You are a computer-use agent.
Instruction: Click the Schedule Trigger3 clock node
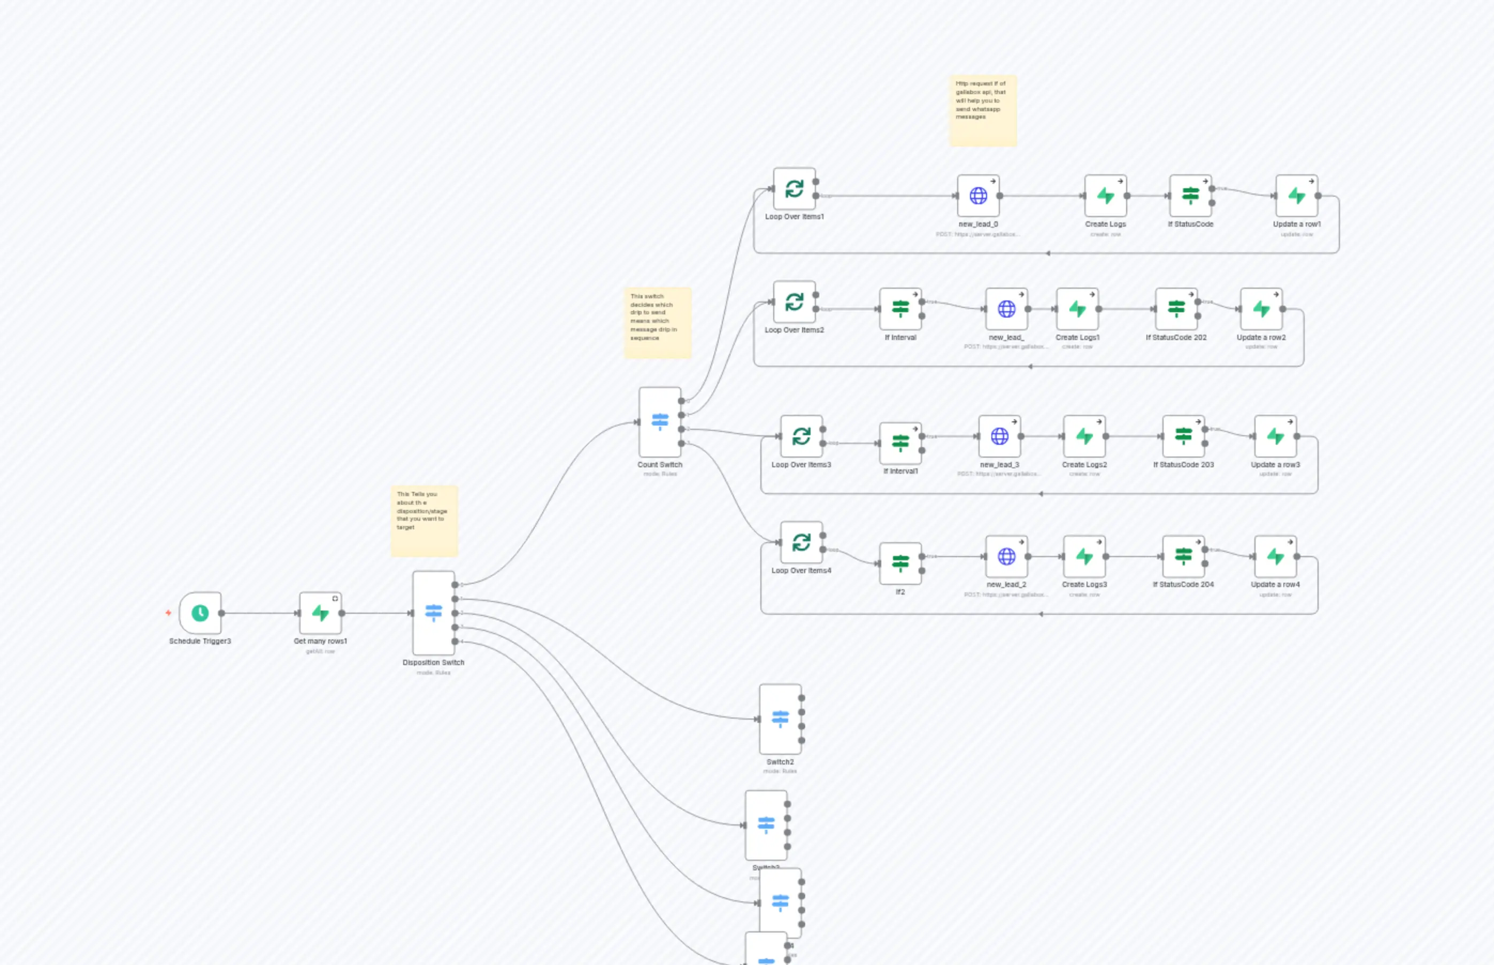click(x=200, y=613)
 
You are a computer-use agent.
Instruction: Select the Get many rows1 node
click(x=320, y=613)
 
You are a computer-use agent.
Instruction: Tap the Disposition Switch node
click(x=433, y=612)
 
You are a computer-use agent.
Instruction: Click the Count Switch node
click(x=659, y=422)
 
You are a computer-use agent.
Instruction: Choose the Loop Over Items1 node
click(x=794, y=189)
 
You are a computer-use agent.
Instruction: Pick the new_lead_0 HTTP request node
click(x=977, y=196)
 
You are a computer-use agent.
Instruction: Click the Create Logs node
click(x=1105, y=196)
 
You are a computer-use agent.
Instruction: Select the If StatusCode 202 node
click(x=1176, y=309)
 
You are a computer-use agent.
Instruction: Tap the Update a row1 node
click(x=1296, y=196)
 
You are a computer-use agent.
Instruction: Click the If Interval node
click(x=900, y=309)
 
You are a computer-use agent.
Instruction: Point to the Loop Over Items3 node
click(x=801, y=436)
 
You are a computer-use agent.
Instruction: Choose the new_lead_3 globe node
click(x=999, y=436)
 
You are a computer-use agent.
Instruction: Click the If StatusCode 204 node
click(x=1183, y=557)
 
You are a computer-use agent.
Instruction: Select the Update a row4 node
click(x=1275, y=557)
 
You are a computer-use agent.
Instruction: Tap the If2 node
click(x=900, y=563)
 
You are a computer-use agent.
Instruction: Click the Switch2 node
click(x=780, y=719)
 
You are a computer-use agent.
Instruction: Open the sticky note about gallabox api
click(x=983, y=111)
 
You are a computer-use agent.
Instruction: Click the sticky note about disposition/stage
click(x=424, y=521)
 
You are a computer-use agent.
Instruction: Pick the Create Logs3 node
click(x=1084, y=557)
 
